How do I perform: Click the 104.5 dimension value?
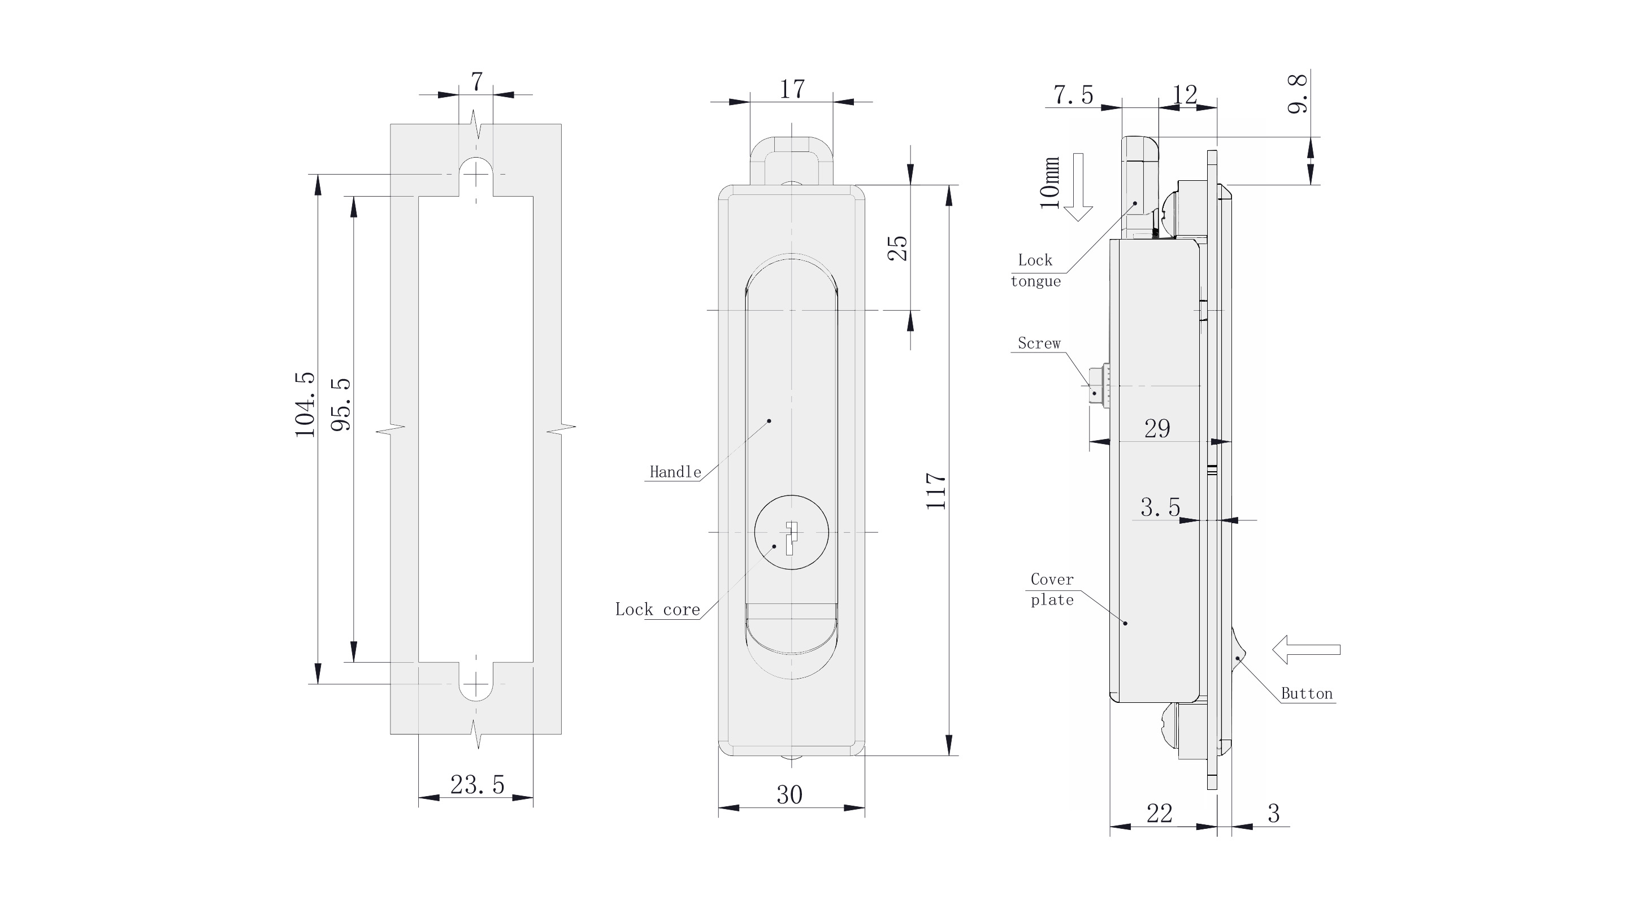coord(305,405)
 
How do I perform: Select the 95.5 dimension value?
coord(341,405)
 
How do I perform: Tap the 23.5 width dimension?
coord(478,785)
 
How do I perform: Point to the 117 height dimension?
coord(936,490)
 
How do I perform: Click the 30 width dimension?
coord(790,795)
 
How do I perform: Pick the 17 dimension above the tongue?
coord(791,89)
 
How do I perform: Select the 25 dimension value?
coord(898,248)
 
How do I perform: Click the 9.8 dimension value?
coord(1298,94)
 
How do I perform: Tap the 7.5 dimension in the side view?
coord(1073,95)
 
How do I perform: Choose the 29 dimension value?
coord(1157,429)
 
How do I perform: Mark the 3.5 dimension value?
coord(1160,508)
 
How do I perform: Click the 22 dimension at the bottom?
coord(1159,814)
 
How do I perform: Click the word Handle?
coord(675,472)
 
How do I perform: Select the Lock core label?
coord(657,610)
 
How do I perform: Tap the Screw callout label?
coord(1038,343)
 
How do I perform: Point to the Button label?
coord(1307,694)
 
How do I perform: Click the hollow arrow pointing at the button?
coord(1306,650)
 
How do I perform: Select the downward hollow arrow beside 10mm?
coord(1078,187)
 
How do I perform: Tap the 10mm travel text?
coord(1049,182)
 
